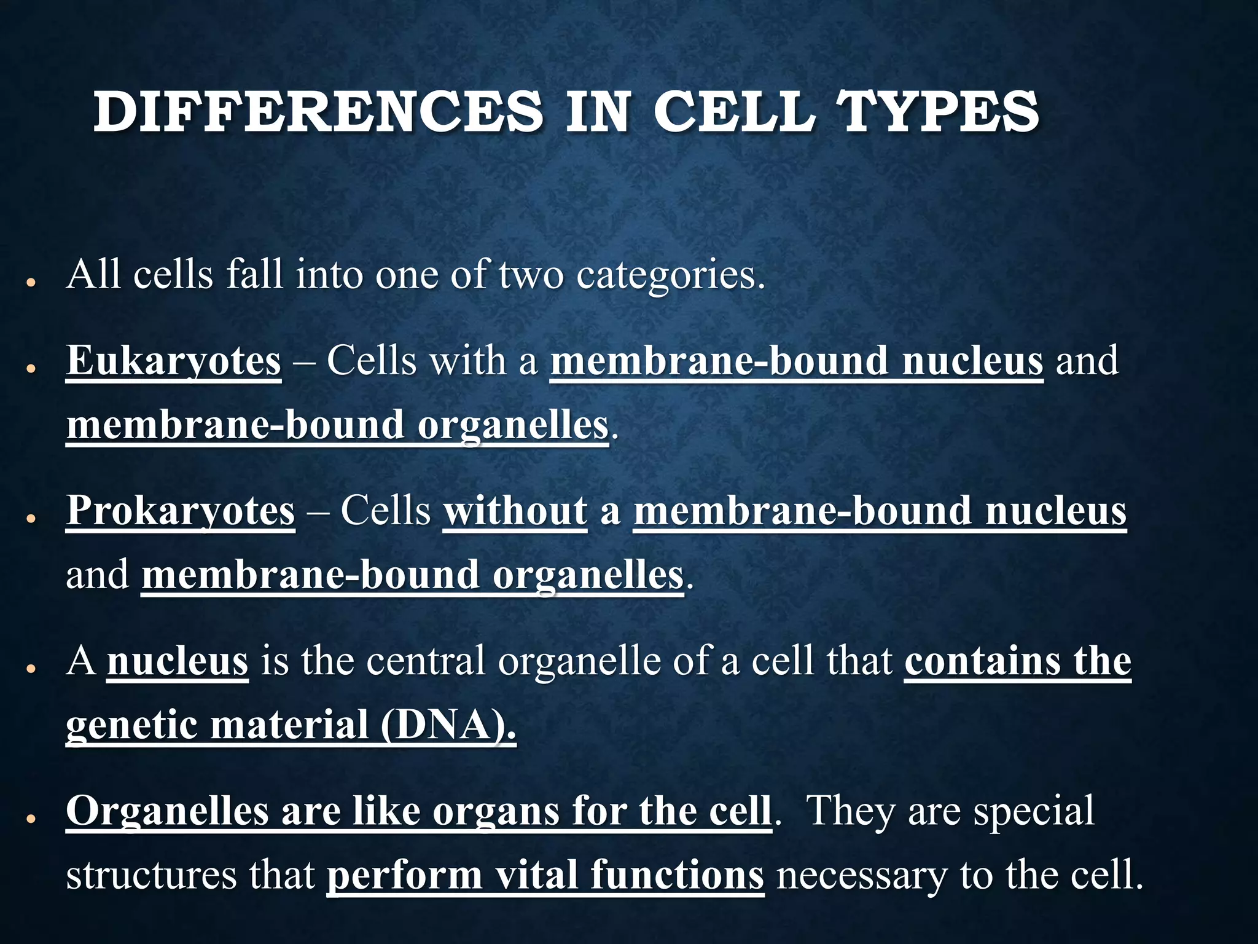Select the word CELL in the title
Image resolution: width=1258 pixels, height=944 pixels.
[x=734, y=112]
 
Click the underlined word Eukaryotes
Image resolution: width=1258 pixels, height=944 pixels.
[x=174, y=361]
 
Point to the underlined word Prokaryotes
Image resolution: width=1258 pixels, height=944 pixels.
[x=181, y=511]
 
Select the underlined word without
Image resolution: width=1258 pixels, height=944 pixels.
[x=515, y=511]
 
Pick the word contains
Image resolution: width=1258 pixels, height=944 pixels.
[x=982, y=661]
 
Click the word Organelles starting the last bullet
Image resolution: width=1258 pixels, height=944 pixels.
[x=167, y=811]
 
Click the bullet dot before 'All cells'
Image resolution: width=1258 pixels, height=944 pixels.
[x=29, y=283]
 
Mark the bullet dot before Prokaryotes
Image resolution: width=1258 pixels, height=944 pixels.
[x=29, y=519]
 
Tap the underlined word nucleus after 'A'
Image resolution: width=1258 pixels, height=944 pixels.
[x=178, y=661]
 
